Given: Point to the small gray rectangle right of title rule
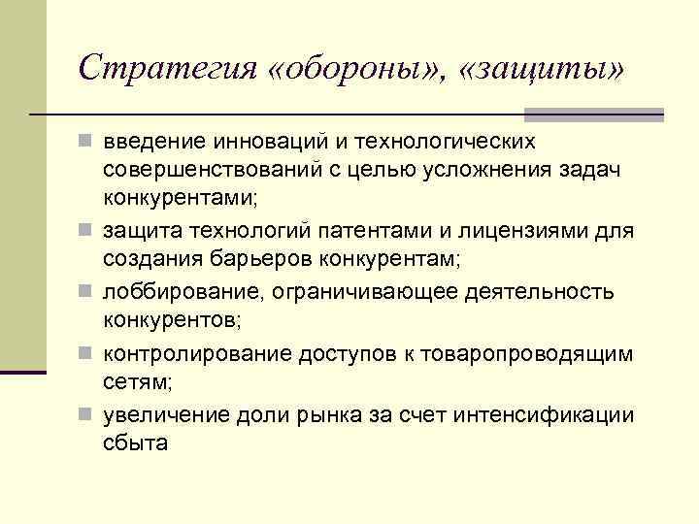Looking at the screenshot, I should [649, 115].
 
